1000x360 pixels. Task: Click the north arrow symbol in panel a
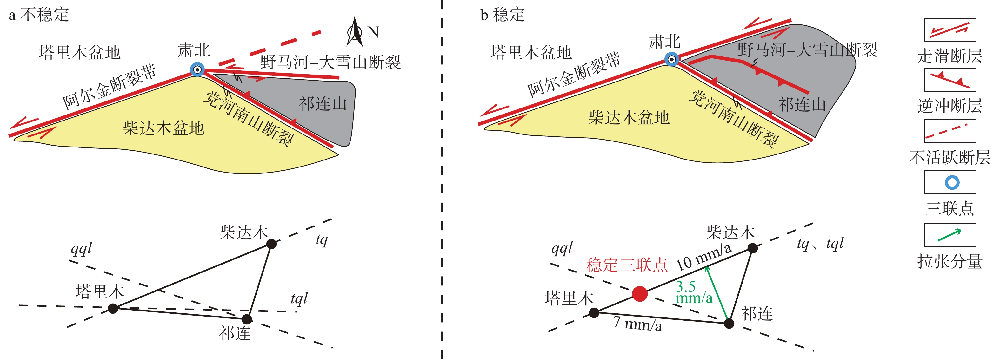pyautogui.click(x=354, y=32)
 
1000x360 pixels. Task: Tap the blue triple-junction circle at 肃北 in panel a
pyautogui.click(x=197, y=70)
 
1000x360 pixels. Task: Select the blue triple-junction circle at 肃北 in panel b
pyautogui.click(x=671, y=59)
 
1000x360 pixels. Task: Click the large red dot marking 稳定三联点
pyautogui.click(x=640, y=294)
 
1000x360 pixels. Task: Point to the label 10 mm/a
pyautogui.click(x=704, y=257)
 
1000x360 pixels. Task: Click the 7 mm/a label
pyautogui.click(x=637, y=324)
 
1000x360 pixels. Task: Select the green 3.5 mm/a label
pyautogui.click(x=694, y=292)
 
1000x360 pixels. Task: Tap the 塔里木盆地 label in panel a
pyautogui.click(x=80, y=52)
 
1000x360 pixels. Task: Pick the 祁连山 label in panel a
pyautogui.click(x=322, y=104)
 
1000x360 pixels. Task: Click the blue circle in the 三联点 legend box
pyautogui.click(x=952, y=182)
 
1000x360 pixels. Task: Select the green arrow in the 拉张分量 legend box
pyautogui.click(x=950, y=235)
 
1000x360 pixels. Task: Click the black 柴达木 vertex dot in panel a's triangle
pyautogui.click(x=271, y=244)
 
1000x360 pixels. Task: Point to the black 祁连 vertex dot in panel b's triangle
pyautogui.click(x=729, y=323)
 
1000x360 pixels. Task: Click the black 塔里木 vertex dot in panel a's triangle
pyautogui.click(x=113, y=308)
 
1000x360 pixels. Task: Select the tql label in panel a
pyautogui.click(x=299, y=299)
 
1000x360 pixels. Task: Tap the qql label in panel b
pyautogui.click(x=562, y=248)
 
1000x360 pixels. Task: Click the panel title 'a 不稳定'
pyautogui.click(x=39, y=15)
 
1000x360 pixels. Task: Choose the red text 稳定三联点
pyautogui.click(x=627, y=265)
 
